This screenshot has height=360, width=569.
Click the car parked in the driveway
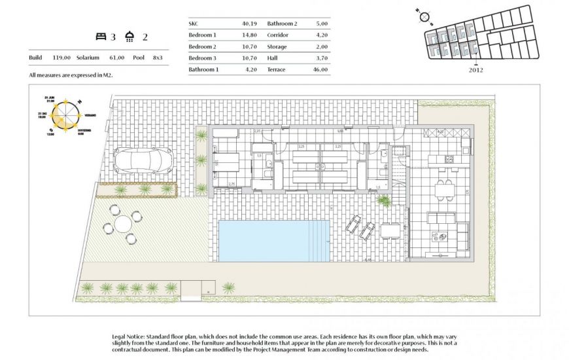(x=143, y=160)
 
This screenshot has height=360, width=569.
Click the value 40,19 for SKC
(x=242, y=23)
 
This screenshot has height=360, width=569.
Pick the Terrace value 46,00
(x=320, y=69)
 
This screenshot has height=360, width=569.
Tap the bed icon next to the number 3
(x=101, y=37)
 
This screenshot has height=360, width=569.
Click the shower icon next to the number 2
(x=131, y=37)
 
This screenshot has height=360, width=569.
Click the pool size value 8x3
(x=158, y=58)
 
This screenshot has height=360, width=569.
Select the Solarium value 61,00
(x=117, y=58)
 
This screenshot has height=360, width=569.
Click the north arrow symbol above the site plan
(x=424, y=17)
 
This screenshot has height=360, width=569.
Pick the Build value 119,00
(x=61, y=58)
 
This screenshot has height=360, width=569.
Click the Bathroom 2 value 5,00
(x=320, y=23)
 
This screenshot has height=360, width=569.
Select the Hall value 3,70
(x=320, y=58)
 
